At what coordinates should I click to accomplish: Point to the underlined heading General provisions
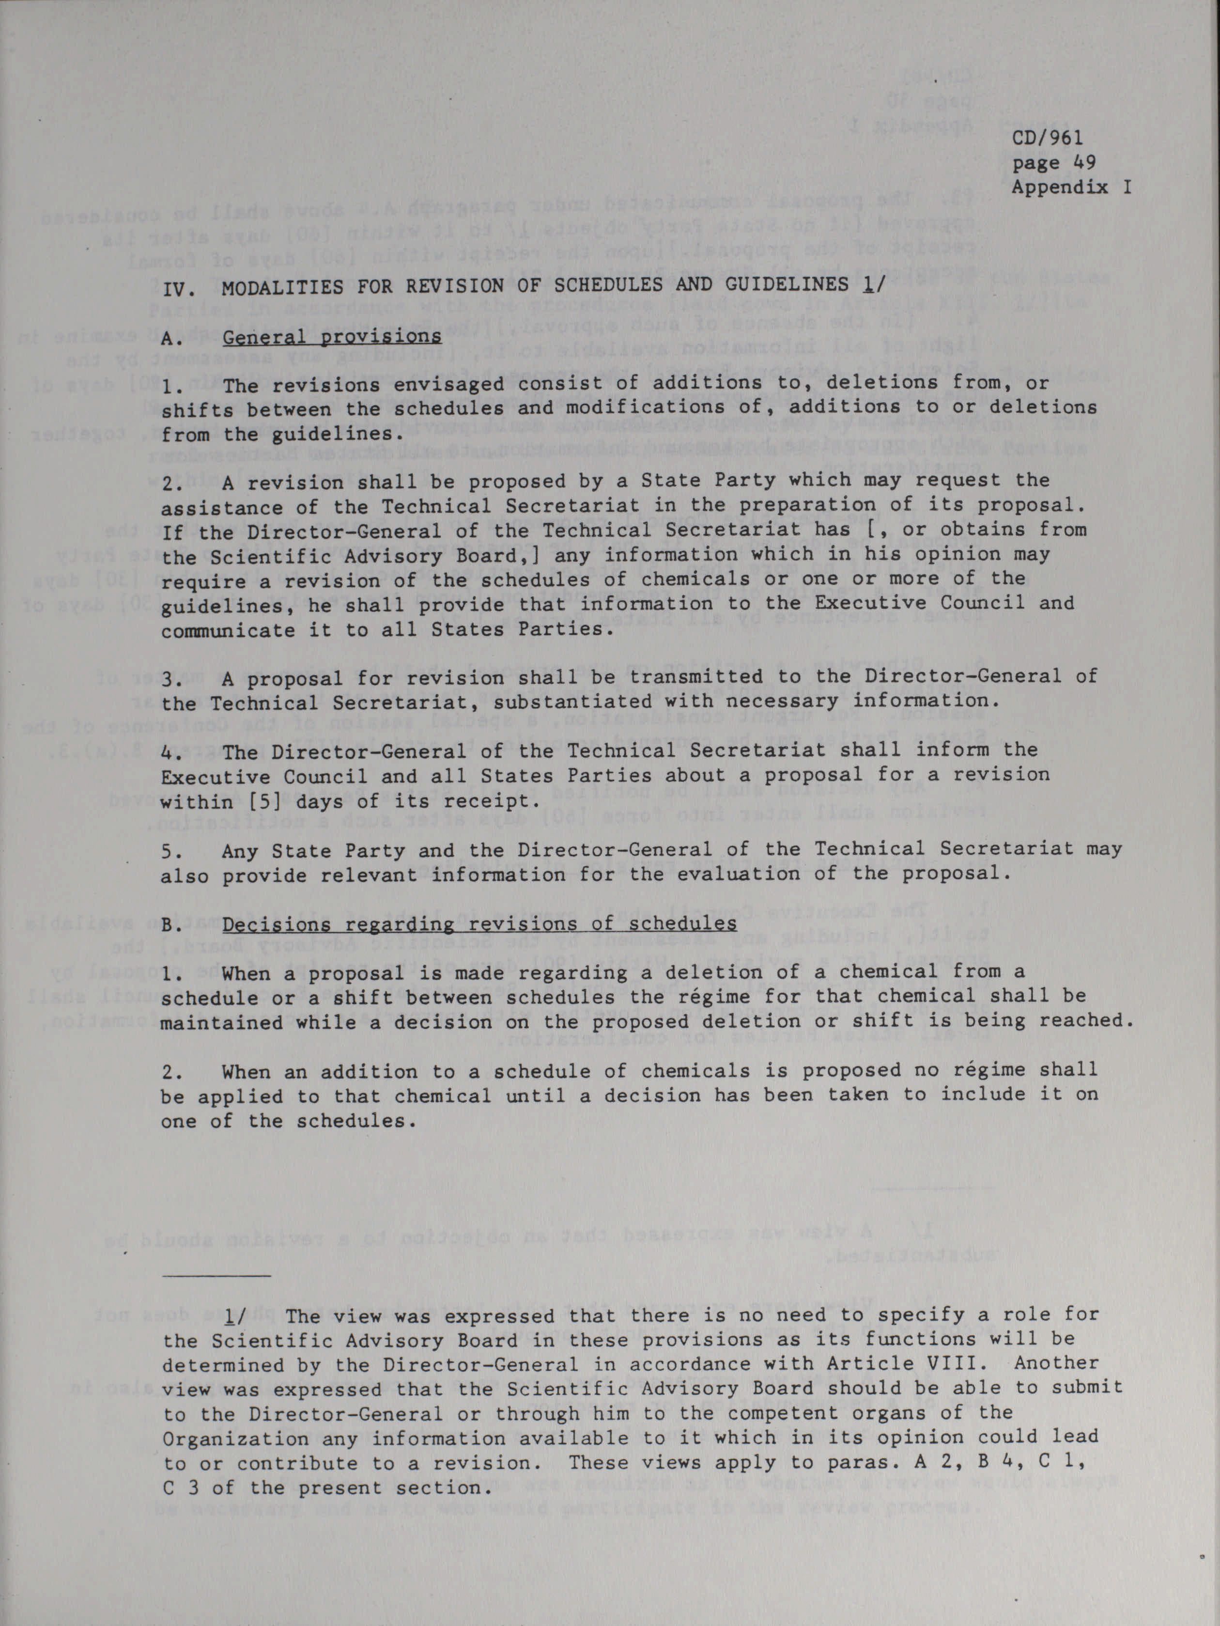pyautogui.click(x=331, y=337)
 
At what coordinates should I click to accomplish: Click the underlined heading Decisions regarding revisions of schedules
pyautogui.click(x=479, y=924)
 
